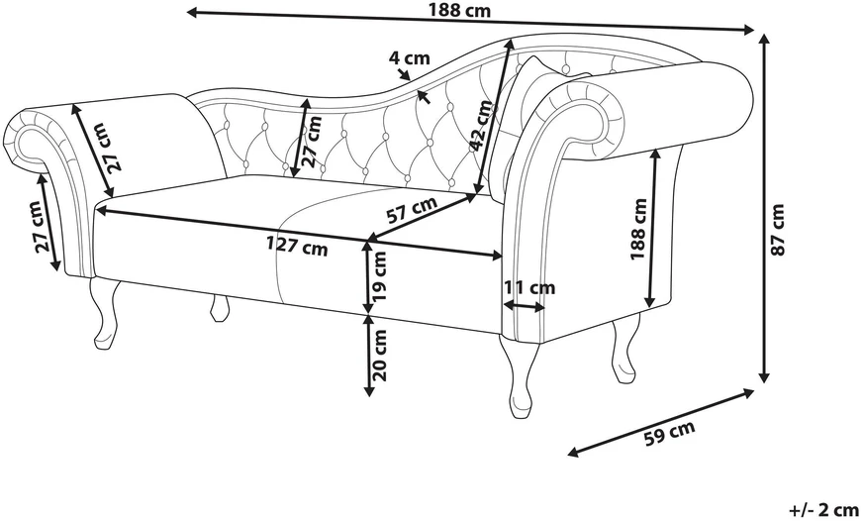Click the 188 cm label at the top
(459, 11)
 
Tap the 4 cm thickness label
(410, 57)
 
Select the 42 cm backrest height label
(482, 125)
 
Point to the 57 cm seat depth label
(412, 209)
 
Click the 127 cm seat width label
(297, 246)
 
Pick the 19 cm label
(380, 276)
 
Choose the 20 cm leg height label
(380, 356)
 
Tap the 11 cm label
(530, 287)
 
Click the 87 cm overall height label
(777, 229)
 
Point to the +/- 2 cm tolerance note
(824, 509)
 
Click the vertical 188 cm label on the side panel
(638, 229)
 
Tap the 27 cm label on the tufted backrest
(312, 142)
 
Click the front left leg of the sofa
(106, 314)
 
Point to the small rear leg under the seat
(220, 308)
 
